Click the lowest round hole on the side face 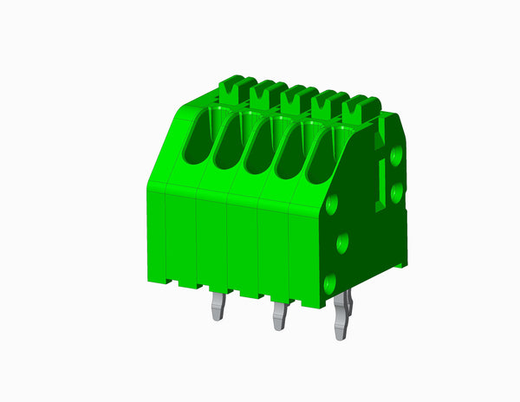329,282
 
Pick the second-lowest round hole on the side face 342,242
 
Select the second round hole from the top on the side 398,189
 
